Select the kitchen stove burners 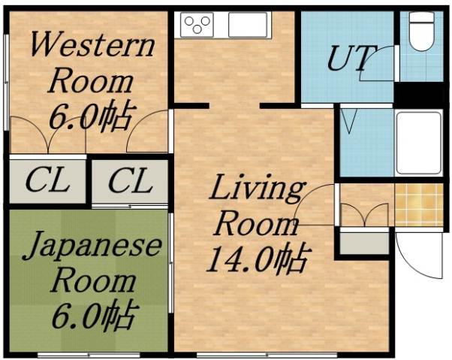pyautogui.click(x=197, y=24)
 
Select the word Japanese pyautogui.click(x=92, y=247)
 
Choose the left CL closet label pyautogui.click(x=47, y=180)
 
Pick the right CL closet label pyautogui.click(x=129, y=180)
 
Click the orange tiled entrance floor pyautogui.click(x=419, y=204)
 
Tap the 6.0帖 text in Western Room pyautogui.click(x=91, y=116)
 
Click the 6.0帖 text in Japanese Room pyautogui.click(x=92, y=314)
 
